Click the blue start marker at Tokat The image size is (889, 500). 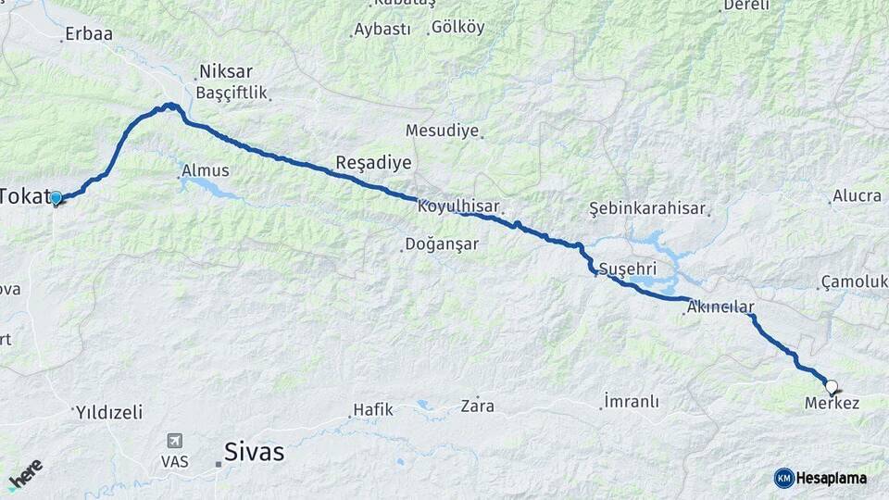(56, 198)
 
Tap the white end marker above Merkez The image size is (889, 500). (831, 387)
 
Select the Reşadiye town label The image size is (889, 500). (373, 163)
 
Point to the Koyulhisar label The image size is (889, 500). (458, 206)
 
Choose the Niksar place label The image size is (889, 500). (226, 71)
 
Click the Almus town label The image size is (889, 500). (206, 170)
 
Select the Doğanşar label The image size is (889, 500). (441, 244)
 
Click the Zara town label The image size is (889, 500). (478, 406)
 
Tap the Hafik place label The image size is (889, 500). (373, 409)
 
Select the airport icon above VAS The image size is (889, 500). (173, 441)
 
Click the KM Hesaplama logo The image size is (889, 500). (820, 478)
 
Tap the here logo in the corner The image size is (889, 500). (25, 474)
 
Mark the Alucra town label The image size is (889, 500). (857, 195)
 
